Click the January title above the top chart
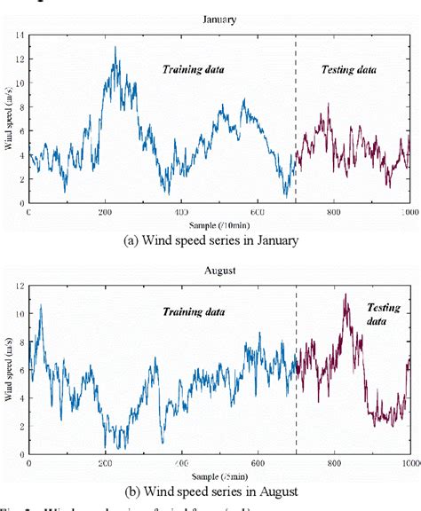click(x=218, y=17)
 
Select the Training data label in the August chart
click(x=193, y=312)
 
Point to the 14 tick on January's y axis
click(x=19, y=35)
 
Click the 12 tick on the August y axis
click(x=19, y=286)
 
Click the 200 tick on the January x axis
click(x=105, y=214)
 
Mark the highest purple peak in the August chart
click(x=345, y=295)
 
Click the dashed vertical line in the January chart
click(x=296, y=115)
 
